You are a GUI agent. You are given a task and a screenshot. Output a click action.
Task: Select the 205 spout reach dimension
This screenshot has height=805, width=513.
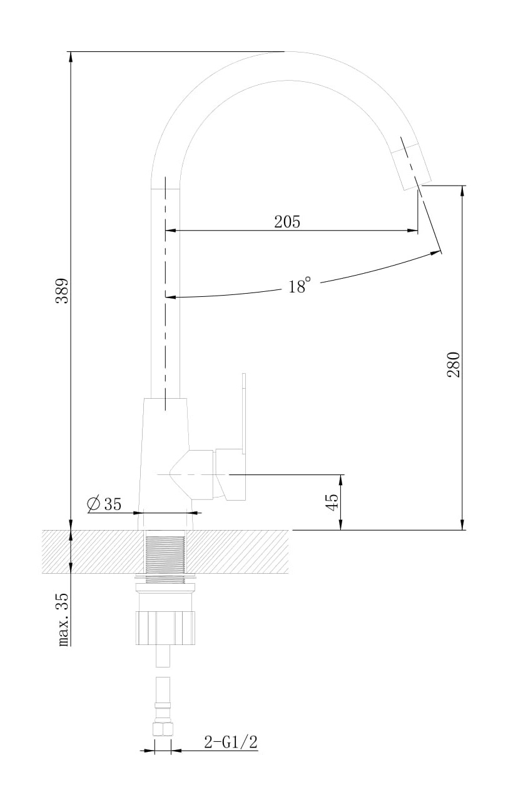(287, 222)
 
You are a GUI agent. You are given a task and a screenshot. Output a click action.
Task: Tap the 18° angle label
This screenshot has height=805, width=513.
(299, 286)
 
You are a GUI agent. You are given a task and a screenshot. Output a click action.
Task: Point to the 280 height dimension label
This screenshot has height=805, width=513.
(454, 364)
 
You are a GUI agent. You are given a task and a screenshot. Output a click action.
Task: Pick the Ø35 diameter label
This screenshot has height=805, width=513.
(104, 504)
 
